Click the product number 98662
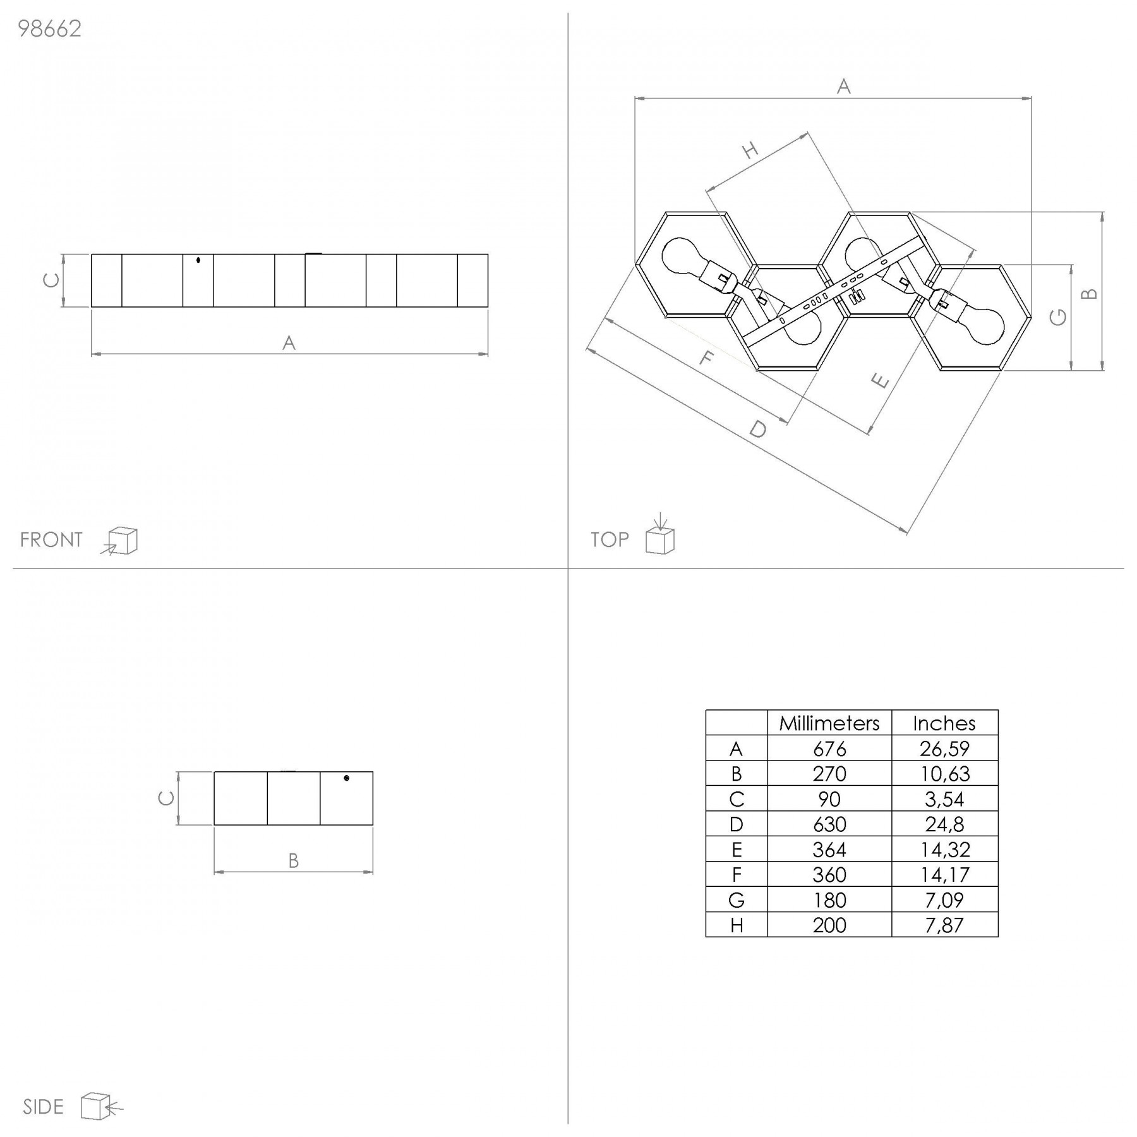coord(50,30)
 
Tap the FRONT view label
coord(51,540)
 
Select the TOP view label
coord(610,540)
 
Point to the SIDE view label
coord(43,1107)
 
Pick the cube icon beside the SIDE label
coord(102,1106)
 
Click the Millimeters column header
coord(829,723)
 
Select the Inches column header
coord(944,723)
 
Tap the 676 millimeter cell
coord(829,749)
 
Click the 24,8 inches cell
coord(944,824)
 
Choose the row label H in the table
coord(737,925)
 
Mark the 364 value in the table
coord(829,850)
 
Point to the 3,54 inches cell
coord(944,800)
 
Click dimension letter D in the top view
coord(758,430)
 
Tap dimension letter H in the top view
coord(750,150)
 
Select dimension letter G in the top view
coord(1058,317)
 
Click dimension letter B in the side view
coord(293,861)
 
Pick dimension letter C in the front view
coord(51,280)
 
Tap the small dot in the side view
coord(346,778)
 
